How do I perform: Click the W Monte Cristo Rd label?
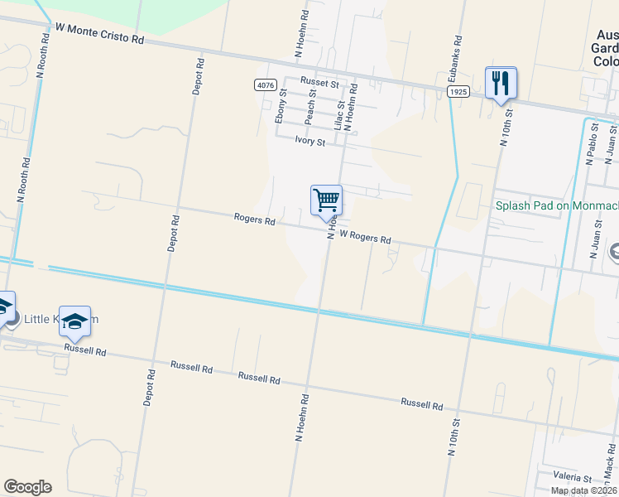point(99,34)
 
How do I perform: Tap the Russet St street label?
point(320,84)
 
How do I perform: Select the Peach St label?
point(310,108)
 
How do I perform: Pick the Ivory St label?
point(310,141)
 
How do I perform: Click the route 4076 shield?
point(265,84)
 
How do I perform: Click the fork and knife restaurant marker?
point(501,83)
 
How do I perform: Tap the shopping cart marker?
point(326,200)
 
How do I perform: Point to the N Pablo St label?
point(591,144)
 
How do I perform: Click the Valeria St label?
point(572,478)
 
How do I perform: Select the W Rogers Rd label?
point(365,237)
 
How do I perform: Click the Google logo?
point(27,487)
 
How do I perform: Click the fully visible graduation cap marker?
point(74,321)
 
